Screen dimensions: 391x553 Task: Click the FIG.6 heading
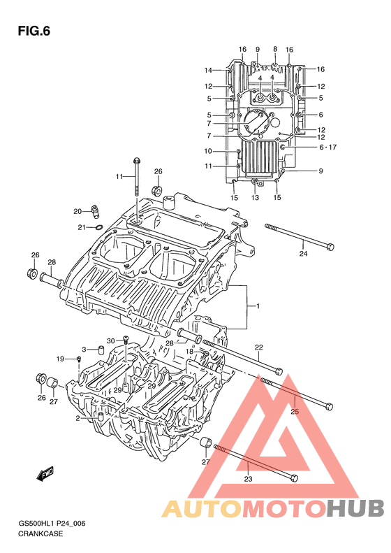coord(34,31)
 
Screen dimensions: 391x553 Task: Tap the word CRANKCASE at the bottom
coord(40,533)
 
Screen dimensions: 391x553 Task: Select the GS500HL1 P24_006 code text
coord(52,524)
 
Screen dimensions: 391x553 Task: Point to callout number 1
coord(258,306)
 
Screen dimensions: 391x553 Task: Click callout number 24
coord(303,253)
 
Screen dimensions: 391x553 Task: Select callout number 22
coord(259,347)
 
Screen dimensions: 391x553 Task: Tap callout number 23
coord(248,479)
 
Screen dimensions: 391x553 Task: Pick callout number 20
coord(78,212)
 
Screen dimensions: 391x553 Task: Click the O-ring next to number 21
coord(99,227)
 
